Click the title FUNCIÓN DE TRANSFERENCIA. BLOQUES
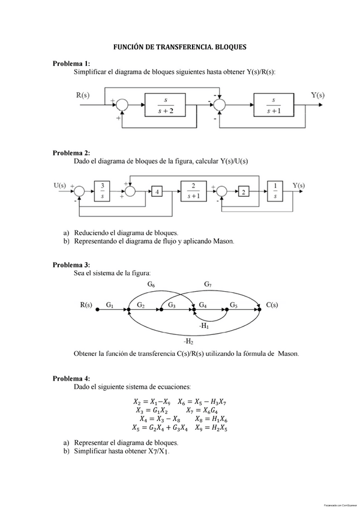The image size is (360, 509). click(180, 46)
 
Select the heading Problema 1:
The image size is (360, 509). click(71, 63)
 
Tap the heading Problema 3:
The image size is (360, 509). click(71, 265)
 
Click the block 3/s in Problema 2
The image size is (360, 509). click(103, 190)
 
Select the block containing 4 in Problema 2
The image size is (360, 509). click(158, 191)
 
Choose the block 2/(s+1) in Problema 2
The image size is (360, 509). click(193, 190)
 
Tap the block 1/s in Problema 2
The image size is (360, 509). click(275, 190)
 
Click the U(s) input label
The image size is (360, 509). click(60, 185)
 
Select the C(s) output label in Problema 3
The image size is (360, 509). click(272, 305)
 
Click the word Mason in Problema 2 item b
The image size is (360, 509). click(221, 241)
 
